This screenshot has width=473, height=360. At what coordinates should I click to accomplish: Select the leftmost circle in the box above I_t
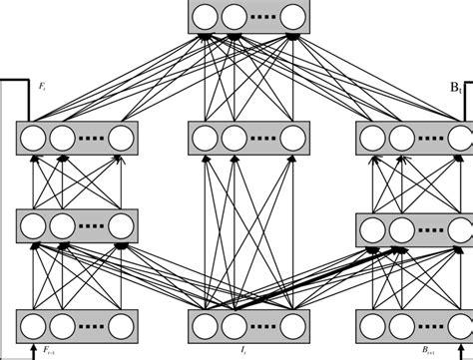[205, 325]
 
